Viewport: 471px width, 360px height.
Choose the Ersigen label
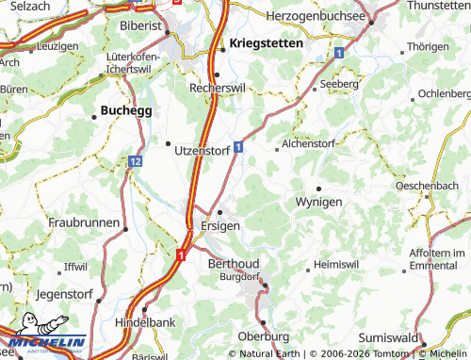tap(220, 227)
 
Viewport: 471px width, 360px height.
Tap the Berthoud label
tap(232, 265)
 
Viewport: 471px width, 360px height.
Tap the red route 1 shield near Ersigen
tap(180, 254)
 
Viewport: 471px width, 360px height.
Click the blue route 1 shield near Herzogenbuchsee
tap(337, 54)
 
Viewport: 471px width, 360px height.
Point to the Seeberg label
tap(340, 84)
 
